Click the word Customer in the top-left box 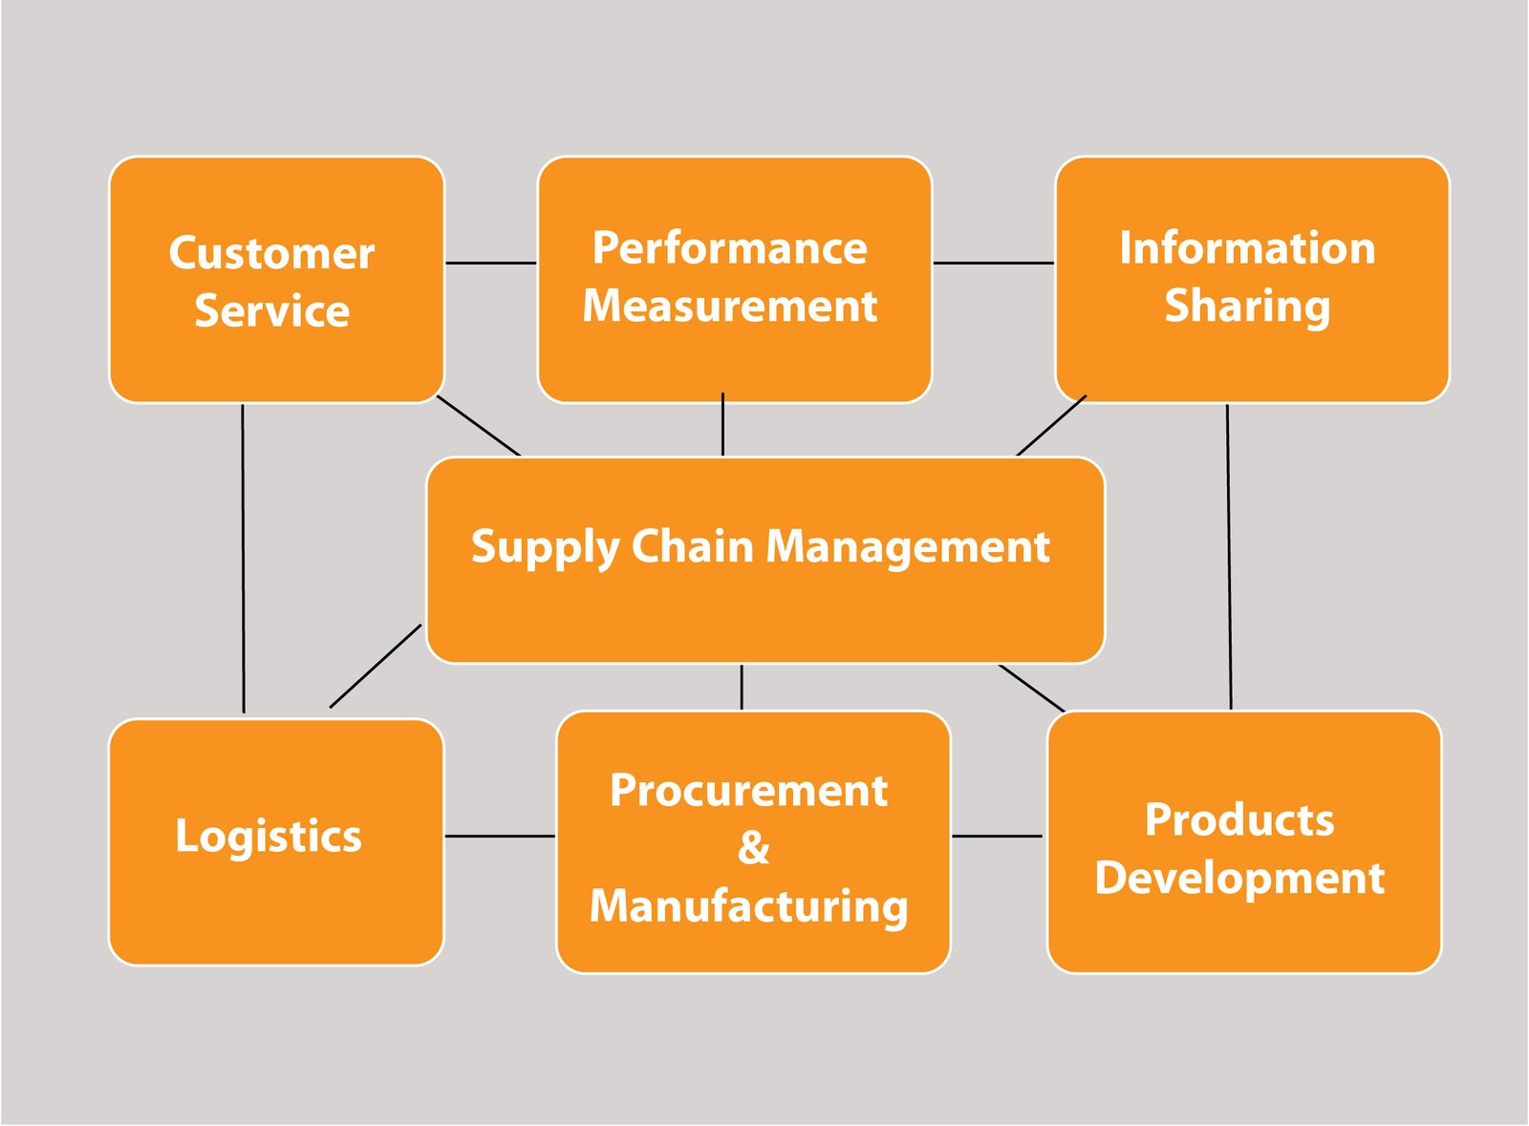271,253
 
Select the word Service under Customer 272,311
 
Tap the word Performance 730,249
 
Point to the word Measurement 730,306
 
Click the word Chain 692,546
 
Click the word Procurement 749,791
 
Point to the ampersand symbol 754,848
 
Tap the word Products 1239,819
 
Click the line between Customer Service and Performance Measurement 491,263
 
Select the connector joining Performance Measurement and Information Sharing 994,263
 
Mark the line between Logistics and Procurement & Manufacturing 501,837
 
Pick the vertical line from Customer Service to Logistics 243,559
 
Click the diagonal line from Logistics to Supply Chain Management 376,666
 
